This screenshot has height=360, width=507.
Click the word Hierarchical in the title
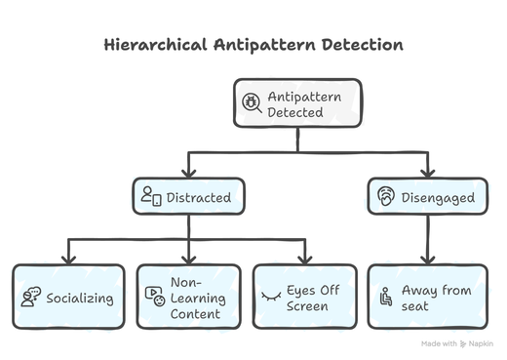(x=158, y=46)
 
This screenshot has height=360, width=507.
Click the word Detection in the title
(x=362, y=46)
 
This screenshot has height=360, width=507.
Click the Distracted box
(x=188, y=197)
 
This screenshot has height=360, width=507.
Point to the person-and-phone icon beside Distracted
(x=150, y=197)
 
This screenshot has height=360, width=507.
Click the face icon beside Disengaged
(x=386, y=197)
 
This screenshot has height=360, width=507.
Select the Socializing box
(x=69, y=296)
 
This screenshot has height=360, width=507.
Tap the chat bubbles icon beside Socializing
(x=30, y=296)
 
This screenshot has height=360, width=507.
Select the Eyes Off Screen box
(x=308, y=296)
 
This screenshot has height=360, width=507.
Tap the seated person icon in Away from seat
(x=387, y=296)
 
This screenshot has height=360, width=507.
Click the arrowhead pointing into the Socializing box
(x=69, y=259)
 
